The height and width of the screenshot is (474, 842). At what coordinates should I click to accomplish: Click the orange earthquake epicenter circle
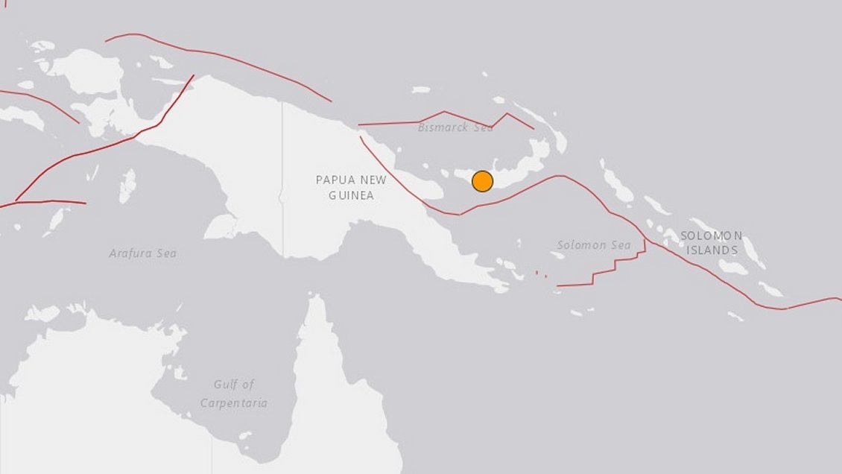tap(482, 181)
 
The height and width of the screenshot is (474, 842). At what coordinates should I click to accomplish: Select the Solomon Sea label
tap(594, 245)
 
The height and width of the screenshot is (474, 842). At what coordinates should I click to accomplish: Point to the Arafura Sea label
tap(142, 253)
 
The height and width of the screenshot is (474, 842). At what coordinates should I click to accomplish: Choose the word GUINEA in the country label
tap(351, 195)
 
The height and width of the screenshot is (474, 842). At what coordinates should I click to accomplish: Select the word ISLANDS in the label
tap(712, 250)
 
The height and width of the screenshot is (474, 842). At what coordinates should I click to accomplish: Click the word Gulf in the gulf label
tap(225, 385)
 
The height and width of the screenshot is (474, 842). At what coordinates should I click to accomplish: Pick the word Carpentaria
tap(233, 403)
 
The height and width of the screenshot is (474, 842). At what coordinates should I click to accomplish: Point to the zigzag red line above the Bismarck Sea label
tap(447, 117)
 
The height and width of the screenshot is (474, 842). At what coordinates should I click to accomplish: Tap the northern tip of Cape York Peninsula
tap(317, 298)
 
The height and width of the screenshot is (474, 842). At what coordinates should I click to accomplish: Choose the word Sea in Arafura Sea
tap(165, 253)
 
